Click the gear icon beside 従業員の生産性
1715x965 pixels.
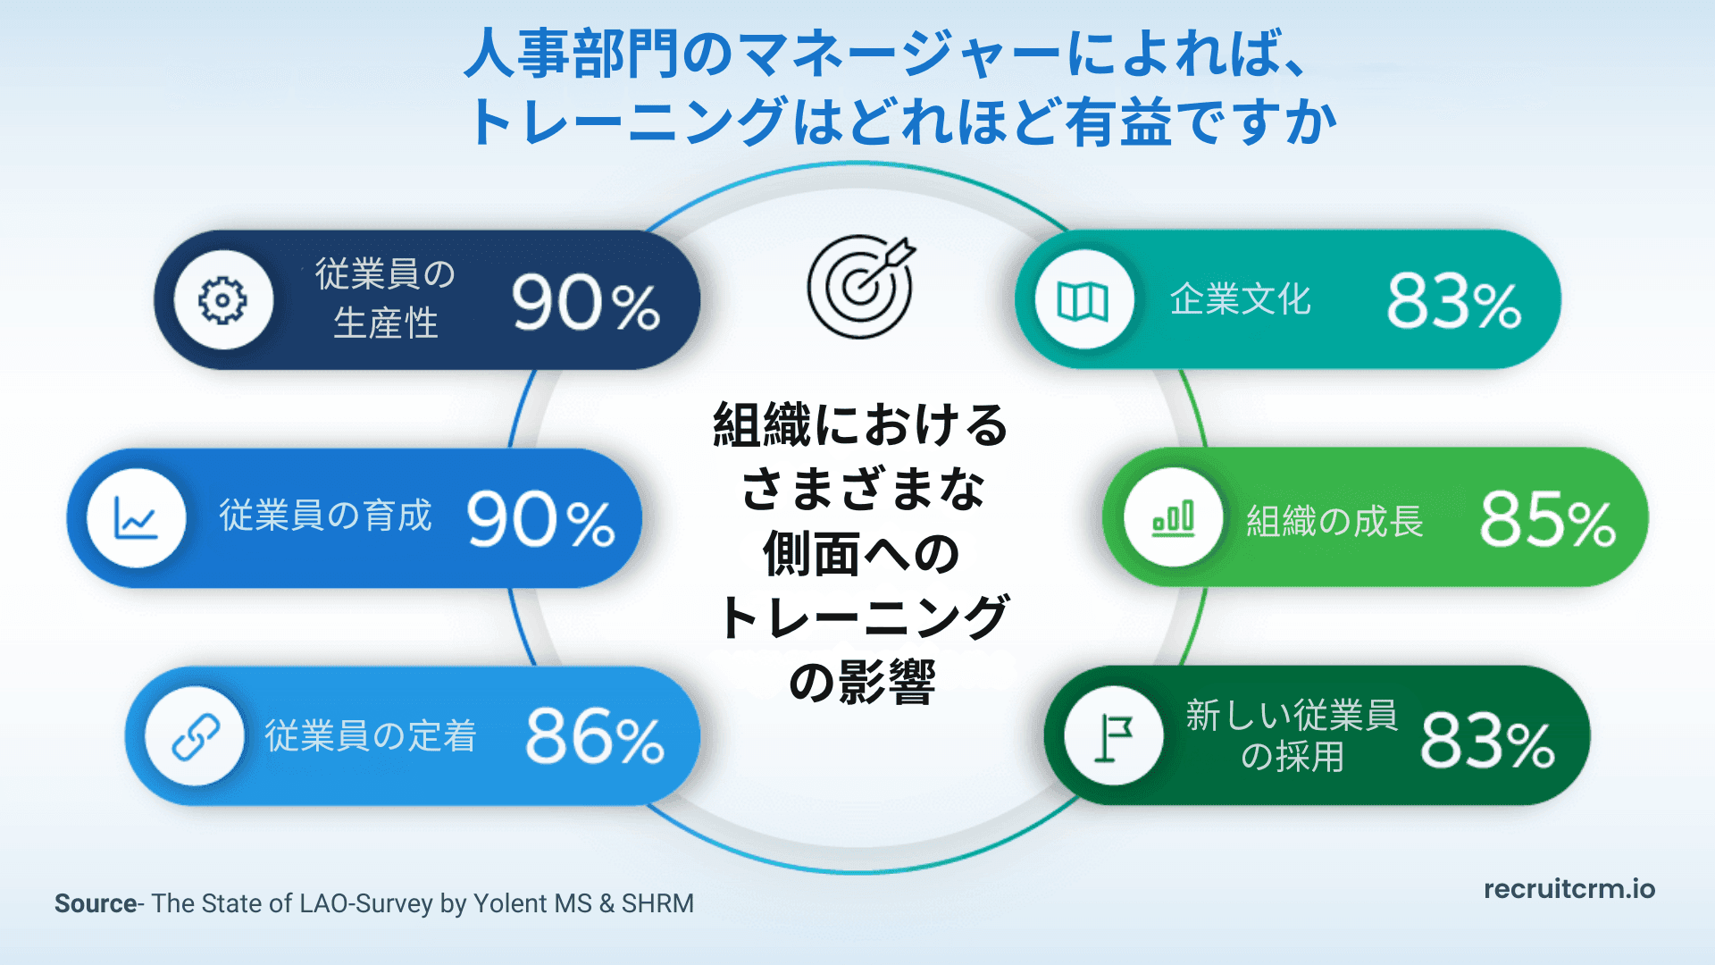(x=222, y=300)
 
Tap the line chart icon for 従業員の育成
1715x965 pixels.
(x=136, y=518)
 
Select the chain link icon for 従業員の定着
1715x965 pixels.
(x=196, y=736)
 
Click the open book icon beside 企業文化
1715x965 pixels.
(x=1083, y=300)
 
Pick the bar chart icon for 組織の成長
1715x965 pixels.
(x=1173, y=518)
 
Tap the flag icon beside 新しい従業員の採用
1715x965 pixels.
(x=1113, y=736)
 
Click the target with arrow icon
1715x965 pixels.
(x=861, y=286)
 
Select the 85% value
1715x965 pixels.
(x=1547, y=520)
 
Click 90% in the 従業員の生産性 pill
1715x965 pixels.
(x=585, y=304)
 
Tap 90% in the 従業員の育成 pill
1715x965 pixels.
(x=540, y=520)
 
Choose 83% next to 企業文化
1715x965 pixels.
(x=1453, y=302)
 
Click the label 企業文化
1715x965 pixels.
(x=1240, y=300)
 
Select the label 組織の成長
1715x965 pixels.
(x=1334, y=521)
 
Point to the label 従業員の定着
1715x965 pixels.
(x=370, y=736)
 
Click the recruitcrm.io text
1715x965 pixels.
(x=1569, y=889)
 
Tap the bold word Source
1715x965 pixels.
(x=95, y=903)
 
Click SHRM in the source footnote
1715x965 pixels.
(x=657, y=903)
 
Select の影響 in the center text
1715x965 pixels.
(x=862, y=682)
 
